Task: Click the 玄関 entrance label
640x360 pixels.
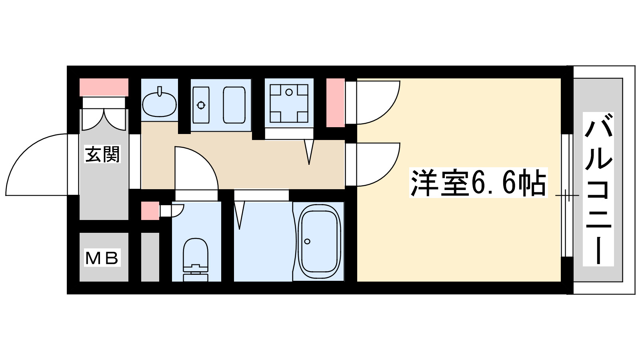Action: [103, 154]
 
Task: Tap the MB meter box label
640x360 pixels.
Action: [102, 258]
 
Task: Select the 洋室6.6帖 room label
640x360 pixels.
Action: [478, 183]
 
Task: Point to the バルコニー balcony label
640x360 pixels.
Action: [598, 189]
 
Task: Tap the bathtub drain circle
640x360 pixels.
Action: [307, 241]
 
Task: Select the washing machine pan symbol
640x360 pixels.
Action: [289, 103]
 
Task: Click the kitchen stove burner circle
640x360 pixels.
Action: [201, 105]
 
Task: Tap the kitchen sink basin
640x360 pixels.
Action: [234, 105]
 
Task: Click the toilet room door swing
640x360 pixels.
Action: [196, 168]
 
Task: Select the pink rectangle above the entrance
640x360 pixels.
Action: [104, 87]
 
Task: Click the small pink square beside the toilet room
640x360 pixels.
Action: [150, 211]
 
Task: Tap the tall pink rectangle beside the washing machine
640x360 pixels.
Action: [335, 103]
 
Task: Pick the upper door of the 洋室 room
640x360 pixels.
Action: [376, 102]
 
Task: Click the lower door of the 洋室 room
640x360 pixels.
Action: [376, 164]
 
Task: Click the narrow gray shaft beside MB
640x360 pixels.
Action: [150, 257]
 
